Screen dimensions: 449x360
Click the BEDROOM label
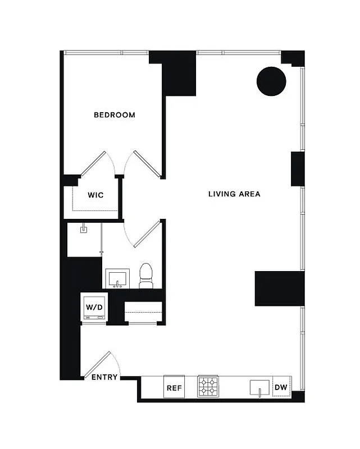click(115, 115)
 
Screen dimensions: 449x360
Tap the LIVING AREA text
click(234, 194)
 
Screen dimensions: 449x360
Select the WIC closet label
click(95, 195)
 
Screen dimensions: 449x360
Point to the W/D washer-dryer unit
click(94, 308)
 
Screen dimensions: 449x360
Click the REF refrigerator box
click(174, 387)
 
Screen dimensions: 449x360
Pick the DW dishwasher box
click(281, 387)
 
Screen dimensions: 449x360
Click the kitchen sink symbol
click(260, 387)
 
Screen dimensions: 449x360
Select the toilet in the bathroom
click(146, 276)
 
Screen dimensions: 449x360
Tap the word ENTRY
click(104, 377)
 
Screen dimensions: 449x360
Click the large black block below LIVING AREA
click(279, 288)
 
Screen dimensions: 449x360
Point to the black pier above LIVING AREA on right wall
click(297, 169)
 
